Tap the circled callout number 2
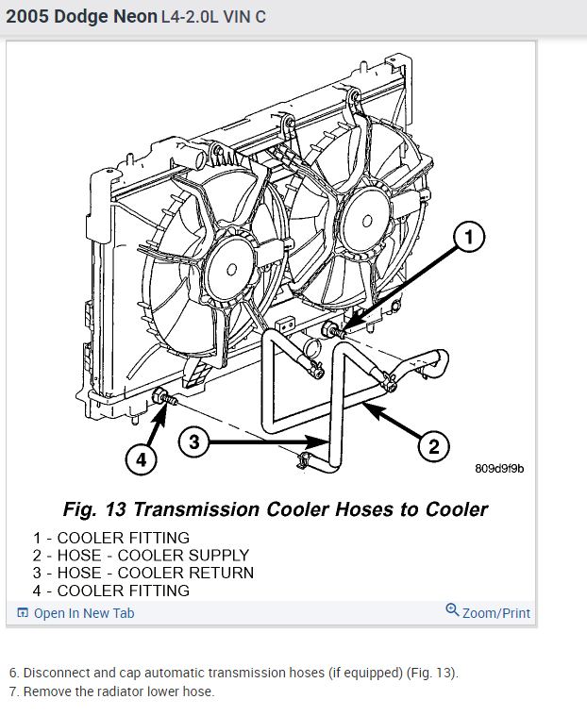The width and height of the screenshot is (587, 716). [434, 445]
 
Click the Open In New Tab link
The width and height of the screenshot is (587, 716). [83, 613]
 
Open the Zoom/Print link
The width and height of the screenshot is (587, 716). [495, 613]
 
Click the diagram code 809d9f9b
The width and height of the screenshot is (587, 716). [500, 468]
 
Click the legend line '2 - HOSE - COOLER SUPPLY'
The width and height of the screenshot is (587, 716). [141, 555]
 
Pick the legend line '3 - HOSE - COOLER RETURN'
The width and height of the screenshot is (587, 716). [143, 573]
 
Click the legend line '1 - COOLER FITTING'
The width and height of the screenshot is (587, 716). [110, 538]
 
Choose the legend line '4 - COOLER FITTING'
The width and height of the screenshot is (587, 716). [110, 591]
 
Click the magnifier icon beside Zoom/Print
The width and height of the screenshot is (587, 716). [452, 610]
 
